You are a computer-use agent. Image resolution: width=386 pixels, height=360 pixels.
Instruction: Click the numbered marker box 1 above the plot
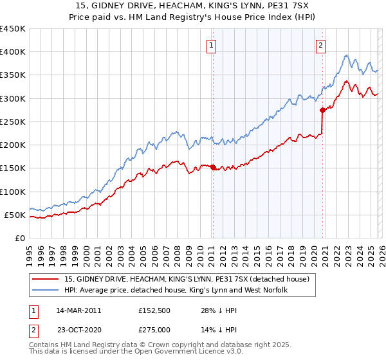tap(212, 45)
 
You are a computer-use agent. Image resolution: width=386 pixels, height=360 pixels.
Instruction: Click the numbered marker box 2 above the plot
tap(320, 45)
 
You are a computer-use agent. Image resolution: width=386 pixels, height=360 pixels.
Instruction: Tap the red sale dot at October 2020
tap(322, 111)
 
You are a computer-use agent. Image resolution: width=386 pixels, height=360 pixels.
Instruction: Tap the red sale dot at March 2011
tap(213, 167)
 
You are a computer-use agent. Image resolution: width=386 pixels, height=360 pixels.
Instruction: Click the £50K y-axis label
tap(15, 215)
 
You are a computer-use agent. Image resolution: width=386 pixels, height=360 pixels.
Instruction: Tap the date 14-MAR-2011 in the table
tap(78, 310)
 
